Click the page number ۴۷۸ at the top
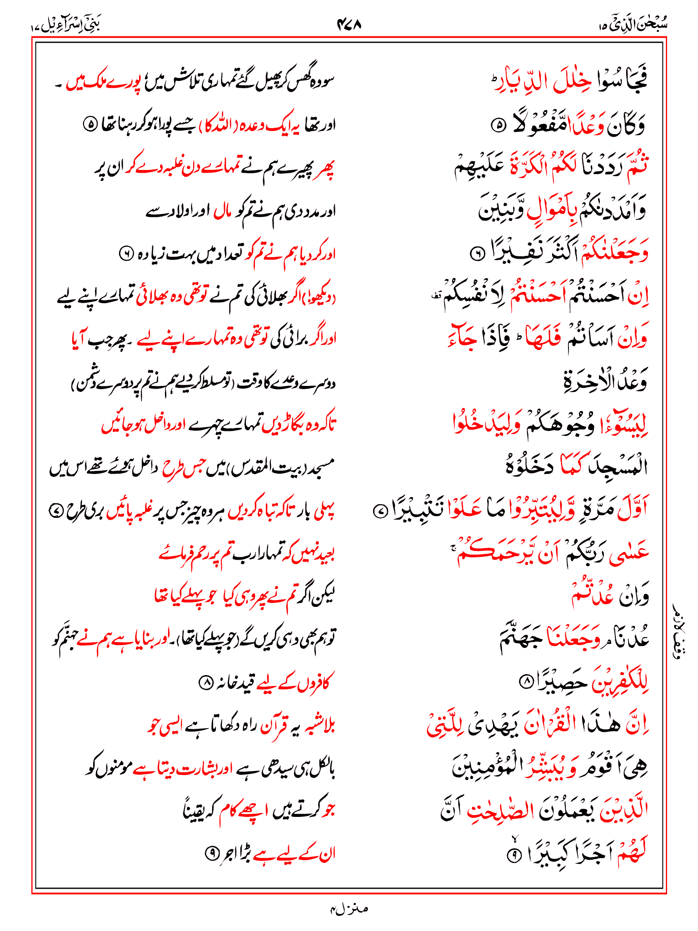[x=349, y=24]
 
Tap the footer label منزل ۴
[x=349, y=909]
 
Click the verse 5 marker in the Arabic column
[x=499, y=125]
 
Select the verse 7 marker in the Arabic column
[x=379, y=511]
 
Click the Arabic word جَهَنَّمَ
[x=521, y=639]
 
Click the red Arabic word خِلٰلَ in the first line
[x=573, y=82]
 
